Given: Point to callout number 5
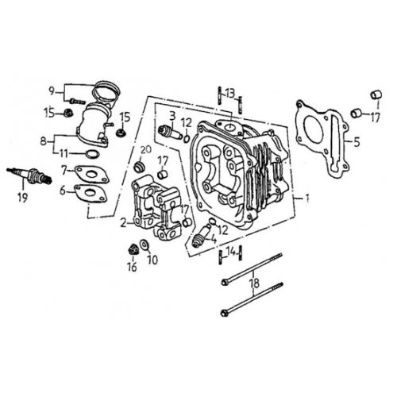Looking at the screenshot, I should click(357, 143).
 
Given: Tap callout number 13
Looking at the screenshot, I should click(229, 93).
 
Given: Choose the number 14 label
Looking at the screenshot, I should click(231, 252).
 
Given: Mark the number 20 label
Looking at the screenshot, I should click(145, 151).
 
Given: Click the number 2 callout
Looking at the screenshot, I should click(123, 223).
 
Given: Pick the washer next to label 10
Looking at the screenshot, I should click(143, 245).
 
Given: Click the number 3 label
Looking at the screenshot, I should click(171, 117).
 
